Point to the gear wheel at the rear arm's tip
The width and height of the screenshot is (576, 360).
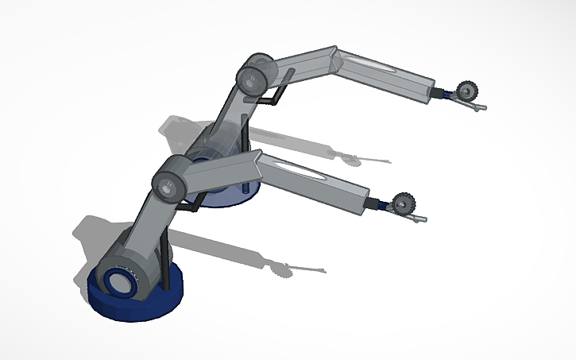click(466, 91)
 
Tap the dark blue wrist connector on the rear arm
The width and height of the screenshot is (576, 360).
click(446, 94)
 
